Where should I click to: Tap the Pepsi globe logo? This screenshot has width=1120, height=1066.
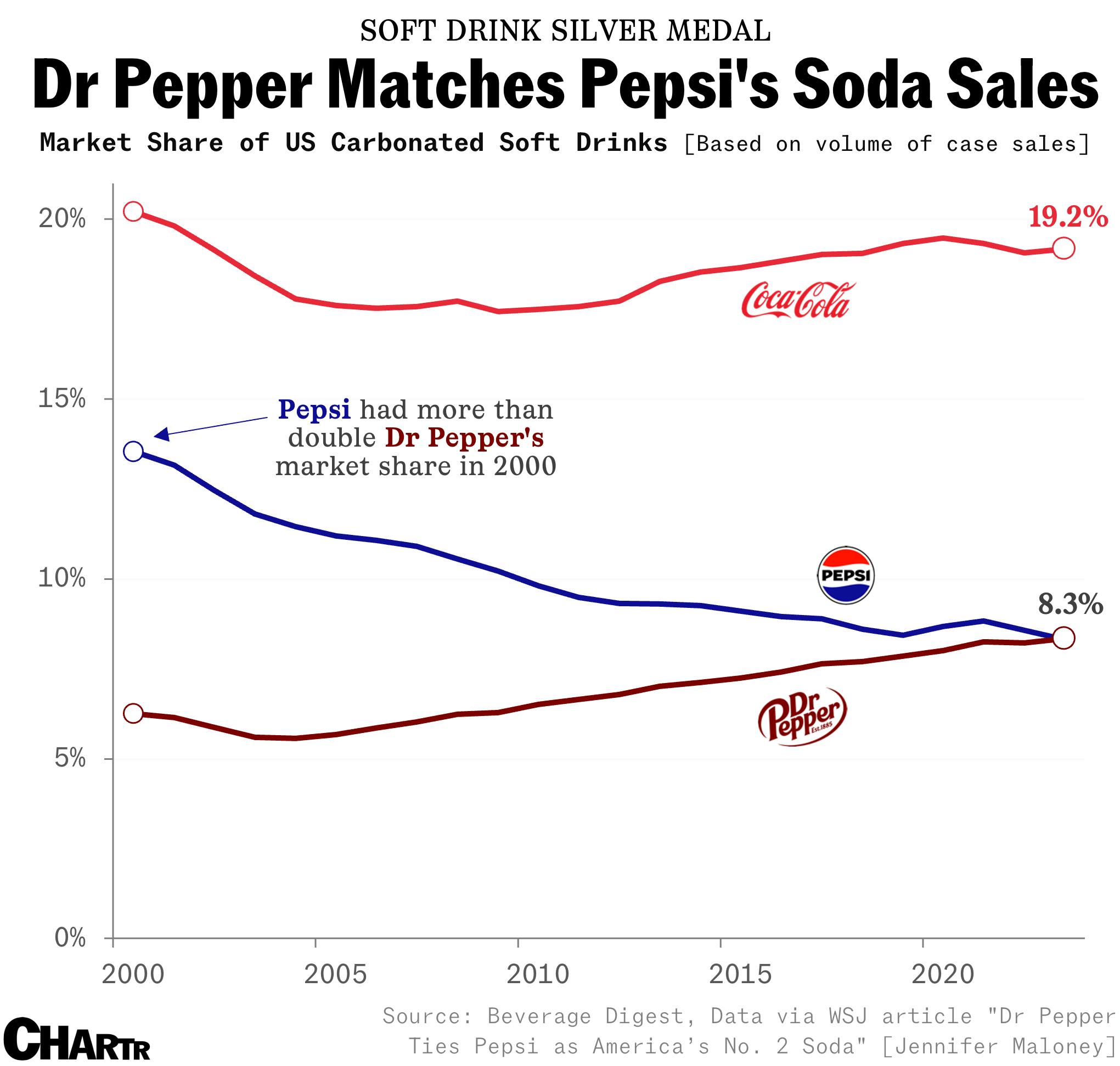pos(845,574)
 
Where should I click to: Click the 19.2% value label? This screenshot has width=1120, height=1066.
pos(1067,217)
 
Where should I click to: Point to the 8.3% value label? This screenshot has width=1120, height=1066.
pos(1070,604)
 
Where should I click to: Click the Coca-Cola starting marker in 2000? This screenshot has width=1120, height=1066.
pos(133,211)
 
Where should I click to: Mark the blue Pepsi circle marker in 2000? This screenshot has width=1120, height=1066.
pos(133,451)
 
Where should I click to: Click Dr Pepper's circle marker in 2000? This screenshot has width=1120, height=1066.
pos(133,713)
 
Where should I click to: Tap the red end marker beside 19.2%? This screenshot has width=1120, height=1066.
pos(1063,249)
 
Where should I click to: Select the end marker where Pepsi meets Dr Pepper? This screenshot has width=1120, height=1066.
pos(1063,638)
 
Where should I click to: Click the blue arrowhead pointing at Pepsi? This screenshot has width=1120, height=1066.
pos(161,435)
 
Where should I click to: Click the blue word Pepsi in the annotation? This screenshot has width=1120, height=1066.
pos(314,409)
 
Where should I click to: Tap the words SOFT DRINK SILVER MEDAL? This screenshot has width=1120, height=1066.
pos(565,31)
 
